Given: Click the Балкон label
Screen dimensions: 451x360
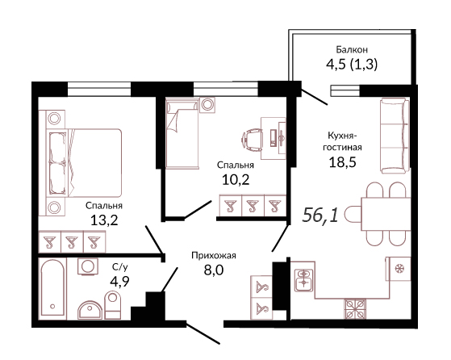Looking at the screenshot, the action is click(352, 50).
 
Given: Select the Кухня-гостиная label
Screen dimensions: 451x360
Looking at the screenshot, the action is click(342, 141).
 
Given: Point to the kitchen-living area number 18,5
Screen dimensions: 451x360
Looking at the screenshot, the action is click(342, 162).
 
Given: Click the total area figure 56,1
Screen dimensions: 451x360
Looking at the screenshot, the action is click(320, 215).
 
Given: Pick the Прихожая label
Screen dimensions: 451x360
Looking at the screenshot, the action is click(214, 255).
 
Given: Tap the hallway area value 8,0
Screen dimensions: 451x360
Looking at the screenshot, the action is click(214, 270).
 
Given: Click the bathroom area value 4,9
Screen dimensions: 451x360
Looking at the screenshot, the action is click(119, 281).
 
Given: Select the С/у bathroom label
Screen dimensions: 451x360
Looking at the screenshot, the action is click(119, 267).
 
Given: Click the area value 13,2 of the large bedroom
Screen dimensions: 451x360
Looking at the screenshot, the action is click(104, 220).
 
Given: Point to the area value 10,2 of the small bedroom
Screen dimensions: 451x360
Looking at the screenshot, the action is click(236, 180).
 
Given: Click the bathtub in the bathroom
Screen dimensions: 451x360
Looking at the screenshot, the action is click(52, 288).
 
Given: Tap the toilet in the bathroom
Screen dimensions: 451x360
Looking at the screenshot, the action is click(113, 305).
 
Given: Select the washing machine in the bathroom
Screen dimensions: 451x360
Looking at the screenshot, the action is click(87, 266).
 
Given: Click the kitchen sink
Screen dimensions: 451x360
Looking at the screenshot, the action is click(303, 280).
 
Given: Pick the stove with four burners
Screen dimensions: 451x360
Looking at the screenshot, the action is click(356, 309).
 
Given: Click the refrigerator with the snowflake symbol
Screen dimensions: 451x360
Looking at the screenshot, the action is click(399, 269).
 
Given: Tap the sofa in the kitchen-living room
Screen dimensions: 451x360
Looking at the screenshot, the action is click(395, 136).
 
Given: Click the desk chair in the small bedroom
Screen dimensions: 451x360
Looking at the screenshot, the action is click(252, 139).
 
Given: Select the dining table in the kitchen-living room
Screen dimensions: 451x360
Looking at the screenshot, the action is click(386, 213).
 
